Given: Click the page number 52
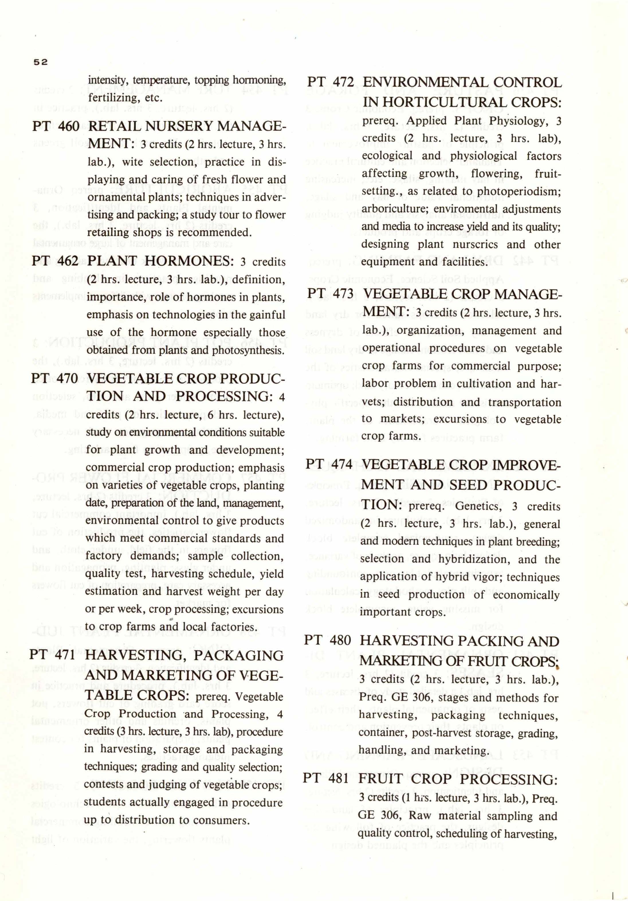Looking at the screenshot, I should [40, 62].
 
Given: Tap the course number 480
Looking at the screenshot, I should [340, 641].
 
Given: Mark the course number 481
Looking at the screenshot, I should [338, 778].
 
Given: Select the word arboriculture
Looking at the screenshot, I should [395, 209].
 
